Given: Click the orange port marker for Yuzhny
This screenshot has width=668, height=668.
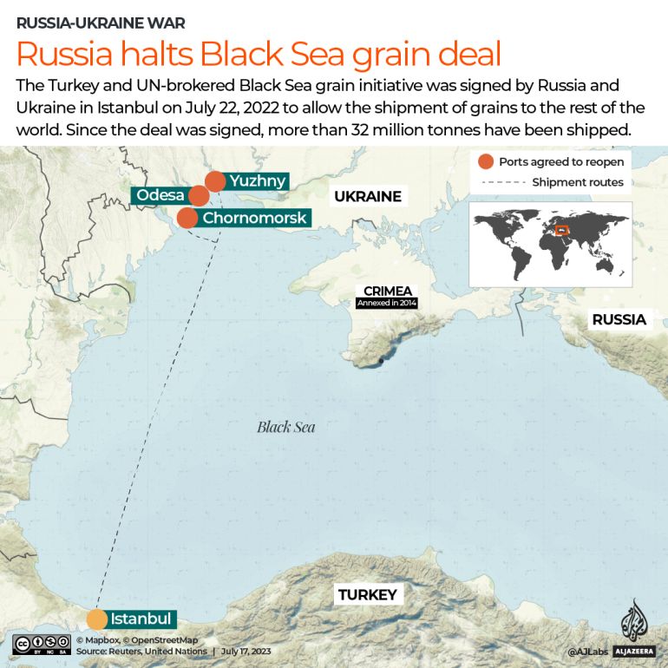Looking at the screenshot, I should pos(215,181).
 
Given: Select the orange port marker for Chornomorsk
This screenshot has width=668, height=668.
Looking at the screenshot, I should pos(187,218).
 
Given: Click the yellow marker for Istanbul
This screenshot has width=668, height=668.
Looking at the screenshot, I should pos(96,619).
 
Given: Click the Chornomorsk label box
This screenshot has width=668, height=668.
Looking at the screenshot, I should pos(254,218).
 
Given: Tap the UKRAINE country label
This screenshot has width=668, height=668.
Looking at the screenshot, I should pos(368,196).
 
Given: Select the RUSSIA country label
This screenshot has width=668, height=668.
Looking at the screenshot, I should pos(619,319).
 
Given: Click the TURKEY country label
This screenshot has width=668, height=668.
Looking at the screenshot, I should pos(367,594).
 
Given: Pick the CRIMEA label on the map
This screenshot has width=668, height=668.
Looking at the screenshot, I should pos(387,291).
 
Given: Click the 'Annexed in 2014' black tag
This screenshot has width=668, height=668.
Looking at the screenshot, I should pos(387,304).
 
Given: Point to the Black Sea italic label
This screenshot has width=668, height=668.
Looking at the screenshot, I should pos(285,427).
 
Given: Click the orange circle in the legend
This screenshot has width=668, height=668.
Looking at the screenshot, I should pos(485,161).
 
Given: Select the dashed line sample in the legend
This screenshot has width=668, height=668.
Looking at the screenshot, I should pos(498,182).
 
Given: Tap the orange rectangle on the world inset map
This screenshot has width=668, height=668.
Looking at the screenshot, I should pos(562,230).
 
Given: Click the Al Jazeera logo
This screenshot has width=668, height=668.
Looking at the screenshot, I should pos(634,628).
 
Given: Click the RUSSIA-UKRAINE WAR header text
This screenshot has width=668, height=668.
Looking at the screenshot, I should pos(101,23).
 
